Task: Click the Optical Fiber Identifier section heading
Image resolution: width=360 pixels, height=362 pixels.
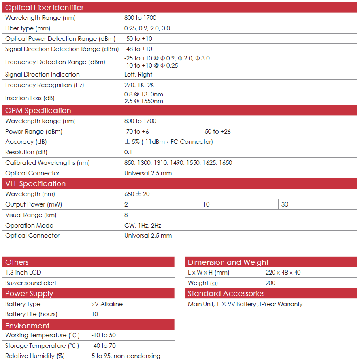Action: (45, 8)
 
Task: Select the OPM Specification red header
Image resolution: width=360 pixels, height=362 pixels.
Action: (38, 111)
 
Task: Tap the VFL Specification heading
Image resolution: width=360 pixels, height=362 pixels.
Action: (35, 184)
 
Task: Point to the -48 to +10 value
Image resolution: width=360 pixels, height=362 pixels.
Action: (138, 49)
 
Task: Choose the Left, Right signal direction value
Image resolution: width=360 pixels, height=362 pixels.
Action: (138, 75)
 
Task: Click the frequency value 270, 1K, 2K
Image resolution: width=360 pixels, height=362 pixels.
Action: (139, 85)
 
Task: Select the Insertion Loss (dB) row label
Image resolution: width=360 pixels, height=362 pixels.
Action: (30, 98)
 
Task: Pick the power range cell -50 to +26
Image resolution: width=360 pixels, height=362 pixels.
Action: (217, 132)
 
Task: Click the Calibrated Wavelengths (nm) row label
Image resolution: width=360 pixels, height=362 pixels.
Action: (47, 163)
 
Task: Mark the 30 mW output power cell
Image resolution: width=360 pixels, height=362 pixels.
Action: (285, 204)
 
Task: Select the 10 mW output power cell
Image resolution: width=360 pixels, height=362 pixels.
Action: (207, 204)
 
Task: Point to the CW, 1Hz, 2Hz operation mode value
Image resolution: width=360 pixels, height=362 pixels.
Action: (143, 226)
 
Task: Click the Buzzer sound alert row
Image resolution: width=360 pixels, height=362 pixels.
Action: (31, 283)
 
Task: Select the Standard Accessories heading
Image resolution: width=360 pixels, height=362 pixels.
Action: (226, 294)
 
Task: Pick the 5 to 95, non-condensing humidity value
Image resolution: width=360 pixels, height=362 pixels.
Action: (126, 356)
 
